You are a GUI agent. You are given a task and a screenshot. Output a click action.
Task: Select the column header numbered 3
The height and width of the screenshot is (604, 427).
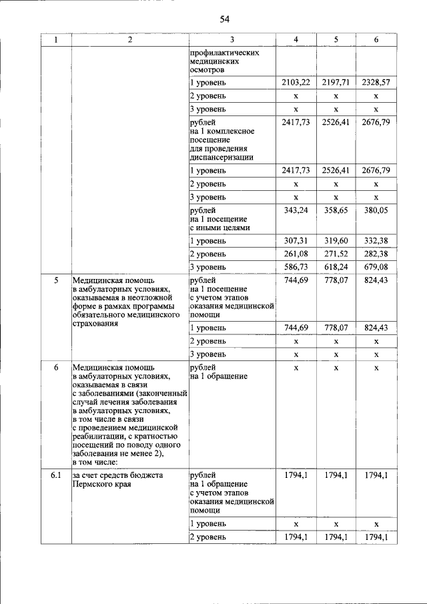coord(231,40)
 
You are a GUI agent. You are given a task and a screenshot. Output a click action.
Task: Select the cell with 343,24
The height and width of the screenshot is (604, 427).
coord(296,210)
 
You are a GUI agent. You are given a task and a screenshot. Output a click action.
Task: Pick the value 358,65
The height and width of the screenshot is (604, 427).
coord(336,210)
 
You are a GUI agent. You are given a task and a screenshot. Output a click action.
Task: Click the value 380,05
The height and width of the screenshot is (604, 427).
coord(376,210)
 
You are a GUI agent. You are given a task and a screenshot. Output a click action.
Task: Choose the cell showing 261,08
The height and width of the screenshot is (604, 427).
coord(296,254)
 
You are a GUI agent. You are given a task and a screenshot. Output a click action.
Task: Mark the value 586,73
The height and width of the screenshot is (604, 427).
coord(296,267)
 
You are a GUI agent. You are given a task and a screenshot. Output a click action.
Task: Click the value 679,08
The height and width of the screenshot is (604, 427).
coord(376,267)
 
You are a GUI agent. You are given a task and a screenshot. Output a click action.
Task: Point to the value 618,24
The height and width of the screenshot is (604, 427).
coord(336,267)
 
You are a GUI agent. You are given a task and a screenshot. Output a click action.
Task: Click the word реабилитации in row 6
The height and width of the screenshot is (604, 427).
coord(99,436)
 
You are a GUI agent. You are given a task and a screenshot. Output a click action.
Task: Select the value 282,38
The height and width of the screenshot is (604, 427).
coord(376,254)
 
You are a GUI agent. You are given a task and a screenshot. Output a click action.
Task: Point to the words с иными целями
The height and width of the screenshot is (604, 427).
coord(220,228)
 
